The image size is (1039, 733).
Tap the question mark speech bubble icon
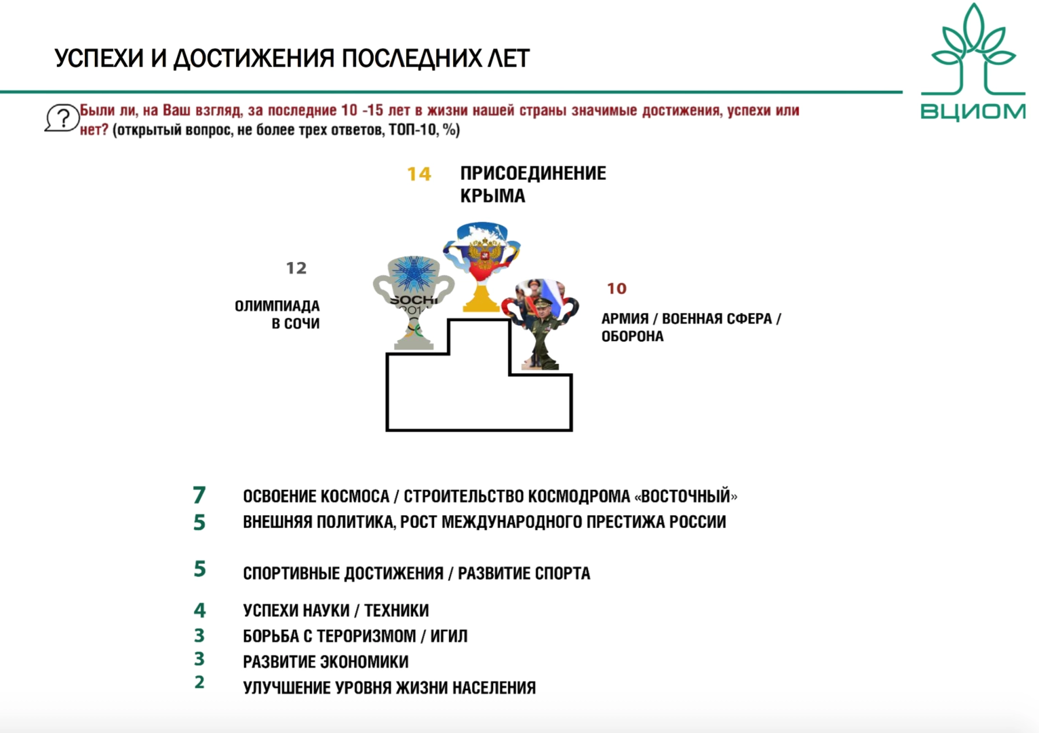(x=62, y=119)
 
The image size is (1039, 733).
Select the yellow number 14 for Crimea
(x=419, y=174)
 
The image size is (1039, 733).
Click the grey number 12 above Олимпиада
(x=296, y=268)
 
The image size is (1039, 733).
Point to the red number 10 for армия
(x=616, y=288)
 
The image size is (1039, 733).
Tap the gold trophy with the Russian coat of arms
(x=482, y=265)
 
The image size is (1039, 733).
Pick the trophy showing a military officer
(x=541, y=322)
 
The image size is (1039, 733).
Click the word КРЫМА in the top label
(x=492, y=196)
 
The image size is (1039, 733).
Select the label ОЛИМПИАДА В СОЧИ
(x=277, y=315)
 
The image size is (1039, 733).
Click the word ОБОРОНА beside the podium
(x=632, y=337)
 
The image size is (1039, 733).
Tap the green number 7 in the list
(x=199, y=495)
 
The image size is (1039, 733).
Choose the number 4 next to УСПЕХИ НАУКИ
(x=199, y=610)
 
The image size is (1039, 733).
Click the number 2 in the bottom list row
(x=199, y=682)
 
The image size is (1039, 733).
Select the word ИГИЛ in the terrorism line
(x=449, y=637)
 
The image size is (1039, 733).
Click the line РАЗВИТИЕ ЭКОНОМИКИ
(x=326, y=662)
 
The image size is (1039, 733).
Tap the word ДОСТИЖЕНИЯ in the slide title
(x=254, y=59)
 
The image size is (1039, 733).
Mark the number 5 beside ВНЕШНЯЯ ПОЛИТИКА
(x=199, y=523)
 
